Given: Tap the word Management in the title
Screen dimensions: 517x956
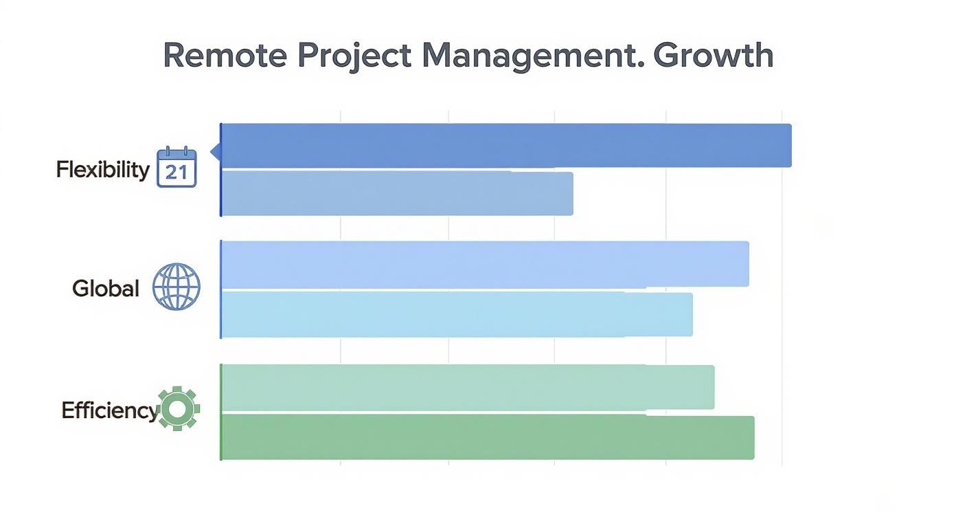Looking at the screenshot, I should coord(532,55).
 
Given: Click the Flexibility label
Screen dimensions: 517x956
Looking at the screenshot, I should coord(102,169).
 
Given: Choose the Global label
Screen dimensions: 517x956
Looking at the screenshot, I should coord(106,289).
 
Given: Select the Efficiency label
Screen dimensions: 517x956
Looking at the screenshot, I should coord(109,410).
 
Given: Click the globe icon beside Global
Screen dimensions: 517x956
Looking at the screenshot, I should coord(176,287).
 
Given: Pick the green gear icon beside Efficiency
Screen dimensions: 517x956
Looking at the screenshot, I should coord(179,410).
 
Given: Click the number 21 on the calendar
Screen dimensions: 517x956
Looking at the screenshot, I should coord(177,173).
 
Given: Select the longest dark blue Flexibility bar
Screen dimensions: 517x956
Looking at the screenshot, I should coord(506,146).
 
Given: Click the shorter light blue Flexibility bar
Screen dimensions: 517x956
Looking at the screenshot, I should coord(397,194).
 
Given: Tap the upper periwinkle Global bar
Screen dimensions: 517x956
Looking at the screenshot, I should coord(485,264).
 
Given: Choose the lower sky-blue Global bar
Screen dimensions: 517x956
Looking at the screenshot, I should coord(457,314).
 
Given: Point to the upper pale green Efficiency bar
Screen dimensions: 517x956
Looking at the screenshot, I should coord(468,388).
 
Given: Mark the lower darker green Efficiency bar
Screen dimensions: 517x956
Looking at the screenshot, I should coord(488,437).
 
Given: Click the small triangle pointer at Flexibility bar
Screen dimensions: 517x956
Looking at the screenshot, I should coord(215,151).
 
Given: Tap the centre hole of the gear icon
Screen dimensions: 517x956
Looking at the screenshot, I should coord(179,410).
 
